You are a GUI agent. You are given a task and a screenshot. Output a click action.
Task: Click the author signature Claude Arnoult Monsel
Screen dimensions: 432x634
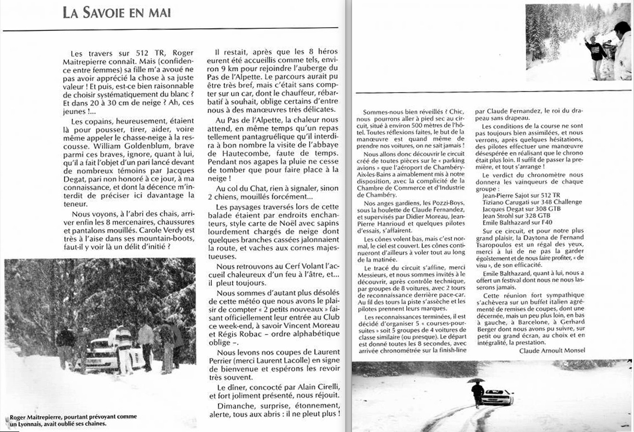click(552, 350)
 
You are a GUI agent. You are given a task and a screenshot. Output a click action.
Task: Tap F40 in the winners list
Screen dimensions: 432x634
click(547, 222)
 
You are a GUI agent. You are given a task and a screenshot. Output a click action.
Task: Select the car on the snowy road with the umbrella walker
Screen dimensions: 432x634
click(498, 397)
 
